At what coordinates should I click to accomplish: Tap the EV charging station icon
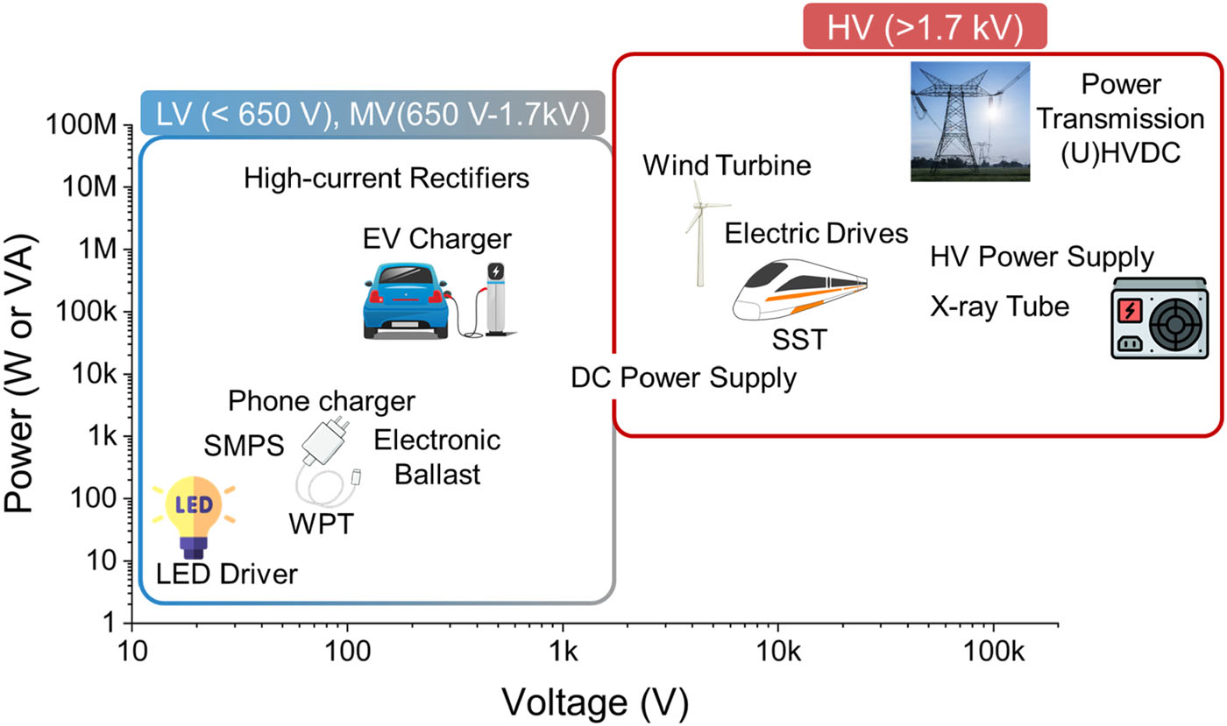pos(495,298)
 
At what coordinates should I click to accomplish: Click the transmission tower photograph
pos(970,122)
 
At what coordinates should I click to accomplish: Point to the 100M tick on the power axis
pos(93,125)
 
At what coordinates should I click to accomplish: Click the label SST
pos(798,339)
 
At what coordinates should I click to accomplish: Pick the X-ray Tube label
pos(1000,307)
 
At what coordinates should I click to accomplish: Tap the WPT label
pos(322,525)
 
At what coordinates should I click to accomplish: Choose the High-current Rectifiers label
pos(387,179)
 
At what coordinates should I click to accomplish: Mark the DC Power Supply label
pos(684,378)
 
